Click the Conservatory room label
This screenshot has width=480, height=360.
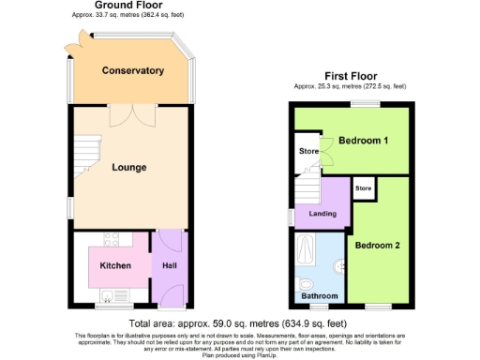(x=133, y=70)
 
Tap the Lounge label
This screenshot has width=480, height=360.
(x=128, y=168)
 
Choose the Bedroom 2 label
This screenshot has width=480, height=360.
(x=377, y=245)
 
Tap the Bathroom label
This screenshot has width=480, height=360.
(x=319, y=297)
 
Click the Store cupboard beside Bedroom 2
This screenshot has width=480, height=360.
(x=363, y=188)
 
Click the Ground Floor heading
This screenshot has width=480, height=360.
(x=130, y=5)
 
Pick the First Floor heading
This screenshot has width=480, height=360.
(x=352, y=75)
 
